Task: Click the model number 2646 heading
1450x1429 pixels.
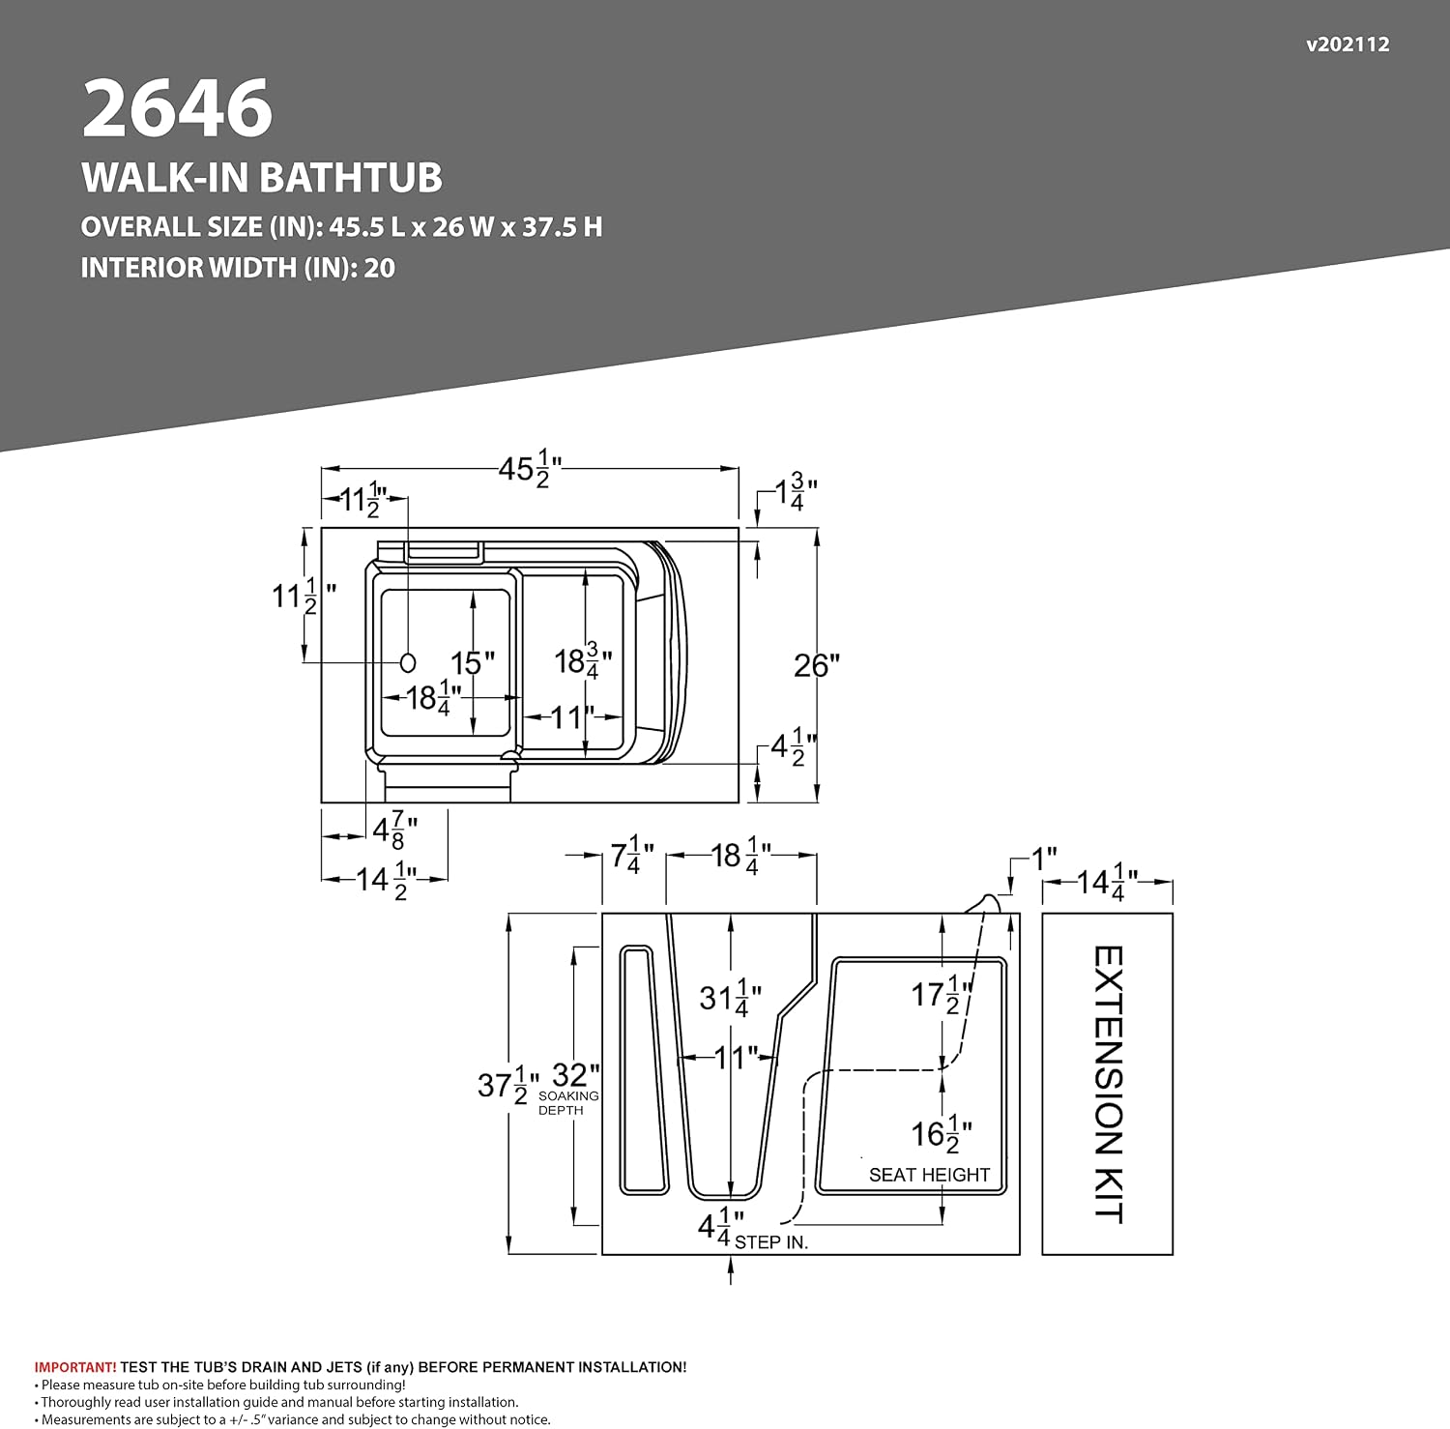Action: tap(178, 108)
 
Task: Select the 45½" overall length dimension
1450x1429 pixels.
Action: tap(530, 470)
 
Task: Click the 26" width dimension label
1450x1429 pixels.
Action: tap(817, 665)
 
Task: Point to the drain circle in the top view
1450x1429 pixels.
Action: tap(408, 662)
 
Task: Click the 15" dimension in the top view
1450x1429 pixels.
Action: tap(473, 663)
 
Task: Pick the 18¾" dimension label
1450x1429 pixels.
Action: tap(583, 661)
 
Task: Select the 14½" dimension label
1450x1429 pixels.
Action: tap(387, 881)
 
